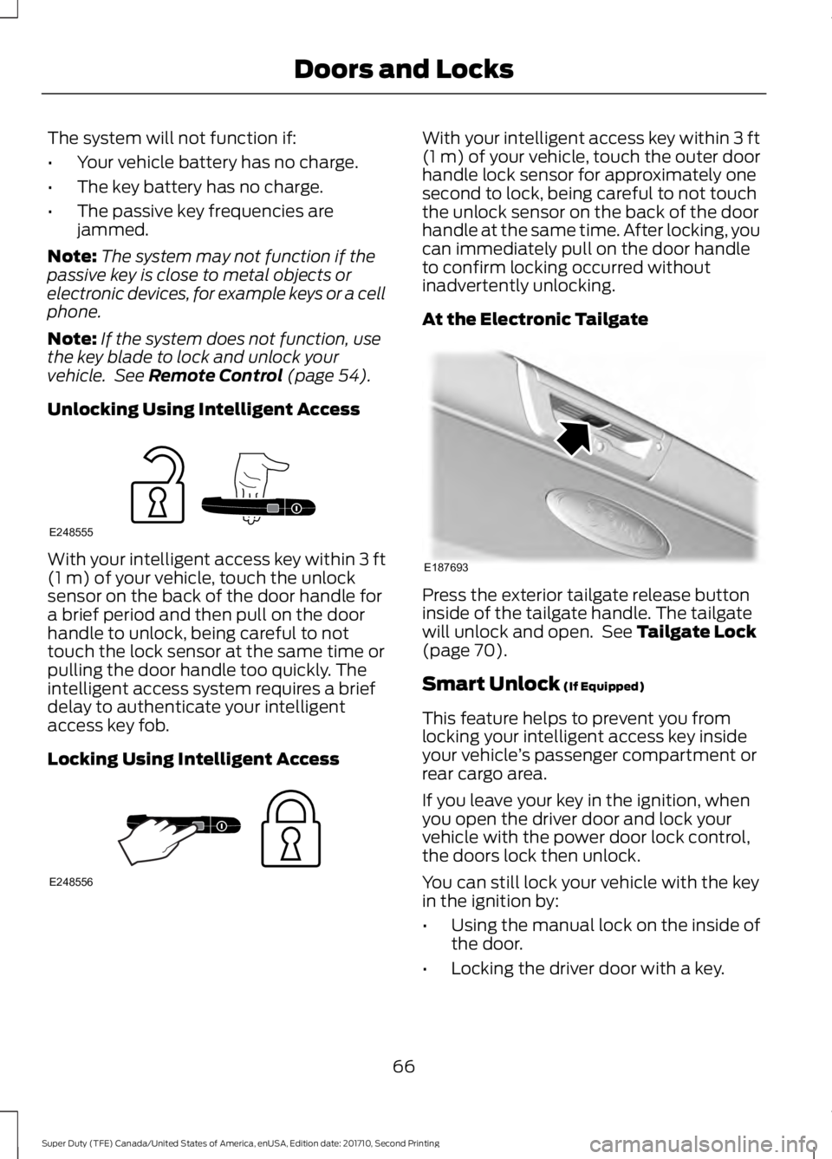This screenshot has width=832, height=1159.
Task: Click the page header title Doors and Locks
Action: coord(403,69)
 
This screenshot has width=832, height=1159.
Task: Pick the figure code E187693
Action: coord(445,566)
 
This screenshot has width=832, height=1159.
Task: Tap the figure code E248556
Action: coord(71,880)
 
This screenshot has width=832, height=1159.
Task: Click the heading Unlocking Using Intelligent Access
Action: coord(204,408)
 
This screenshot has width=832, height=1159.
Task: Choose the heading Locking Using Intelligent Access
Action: coord(193,759)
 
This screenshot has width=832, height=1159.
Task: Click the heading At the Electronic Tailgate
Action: coord(535,318)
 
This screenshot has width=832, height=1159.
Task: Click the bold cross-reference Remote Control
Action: coord(215,375)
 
